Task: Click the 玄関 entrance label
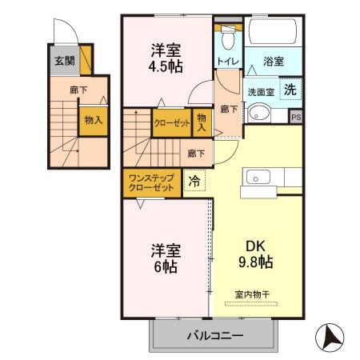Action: pyautogui.click(x=64, y=60)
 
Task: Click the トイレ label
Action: pyautogui.click(x=227, y=61)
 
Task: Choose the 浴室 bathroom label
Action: pyautogui.click(x=274, y=61)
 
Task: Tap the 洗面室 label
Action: pyautogui.click(x=260, y=92)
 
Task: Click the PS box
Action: pyautogui.click(x=296, y=118)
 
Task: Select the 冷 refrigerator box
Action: pyautogui.click(x=194, y=181)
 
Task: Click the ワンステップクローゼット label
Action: pyautogui.click(x=151, y=181)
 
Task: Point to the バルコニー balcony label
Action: pyautogui.click(x=215, y=334)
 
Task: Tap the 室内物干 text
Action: pyautogui.click(x=253, y=294)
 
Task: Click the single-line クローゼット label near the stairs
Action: pyautogui.click(x=171, y=123)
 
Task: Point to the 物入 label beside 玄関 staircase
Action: pyautogui.click(x=93, y=120)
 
